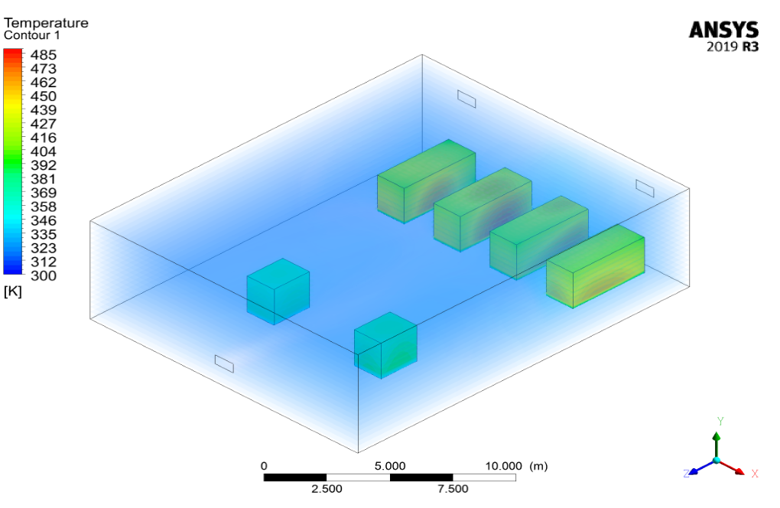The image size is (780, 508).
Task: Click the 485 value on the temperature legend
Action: pos(44,55)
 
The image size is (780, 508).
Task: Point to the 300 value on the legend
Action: pos(44,275)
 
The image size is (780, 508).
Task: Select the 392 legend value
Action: pos(44,165)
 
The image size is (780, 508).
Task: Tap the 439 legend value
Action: pos(44,110)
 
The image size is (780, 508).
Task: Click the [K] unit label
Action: pos(12,291)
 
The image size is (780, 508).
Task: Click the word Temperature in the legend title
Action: pos(46,23)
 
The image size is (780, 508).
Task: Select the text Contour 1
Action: pos(32,35)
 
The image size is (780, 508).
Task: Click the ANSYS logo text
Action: pos(723,30)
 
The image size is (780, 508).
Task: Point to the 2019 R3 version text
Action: pos(733,47)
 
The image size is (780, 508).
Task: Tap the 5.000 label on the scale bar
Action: pos(390,466)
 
